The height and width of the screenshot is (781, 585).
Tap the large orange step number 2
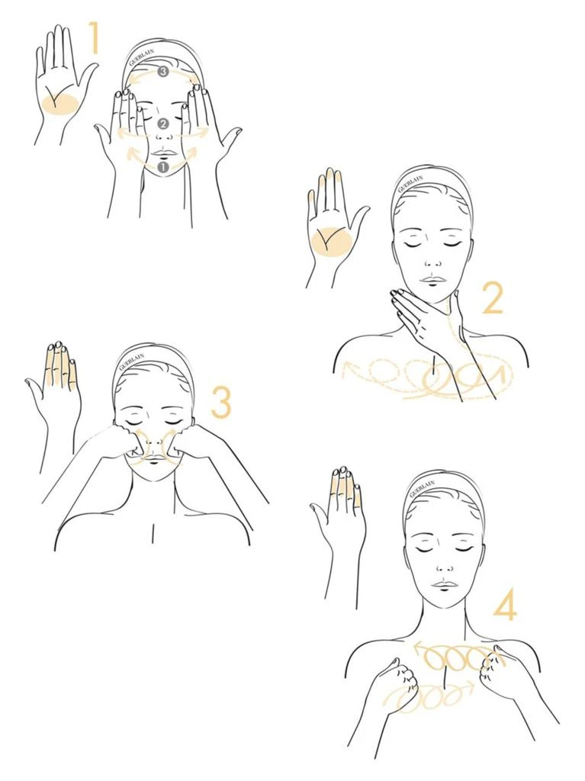point(493,299)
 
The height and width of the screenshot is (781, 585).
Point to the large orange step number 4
point(505,605)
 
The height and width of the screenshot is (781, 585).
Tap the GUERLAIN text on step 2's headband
point(410,183)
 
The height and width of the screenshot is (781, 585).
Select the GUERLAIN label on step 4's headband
point(422,489)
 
